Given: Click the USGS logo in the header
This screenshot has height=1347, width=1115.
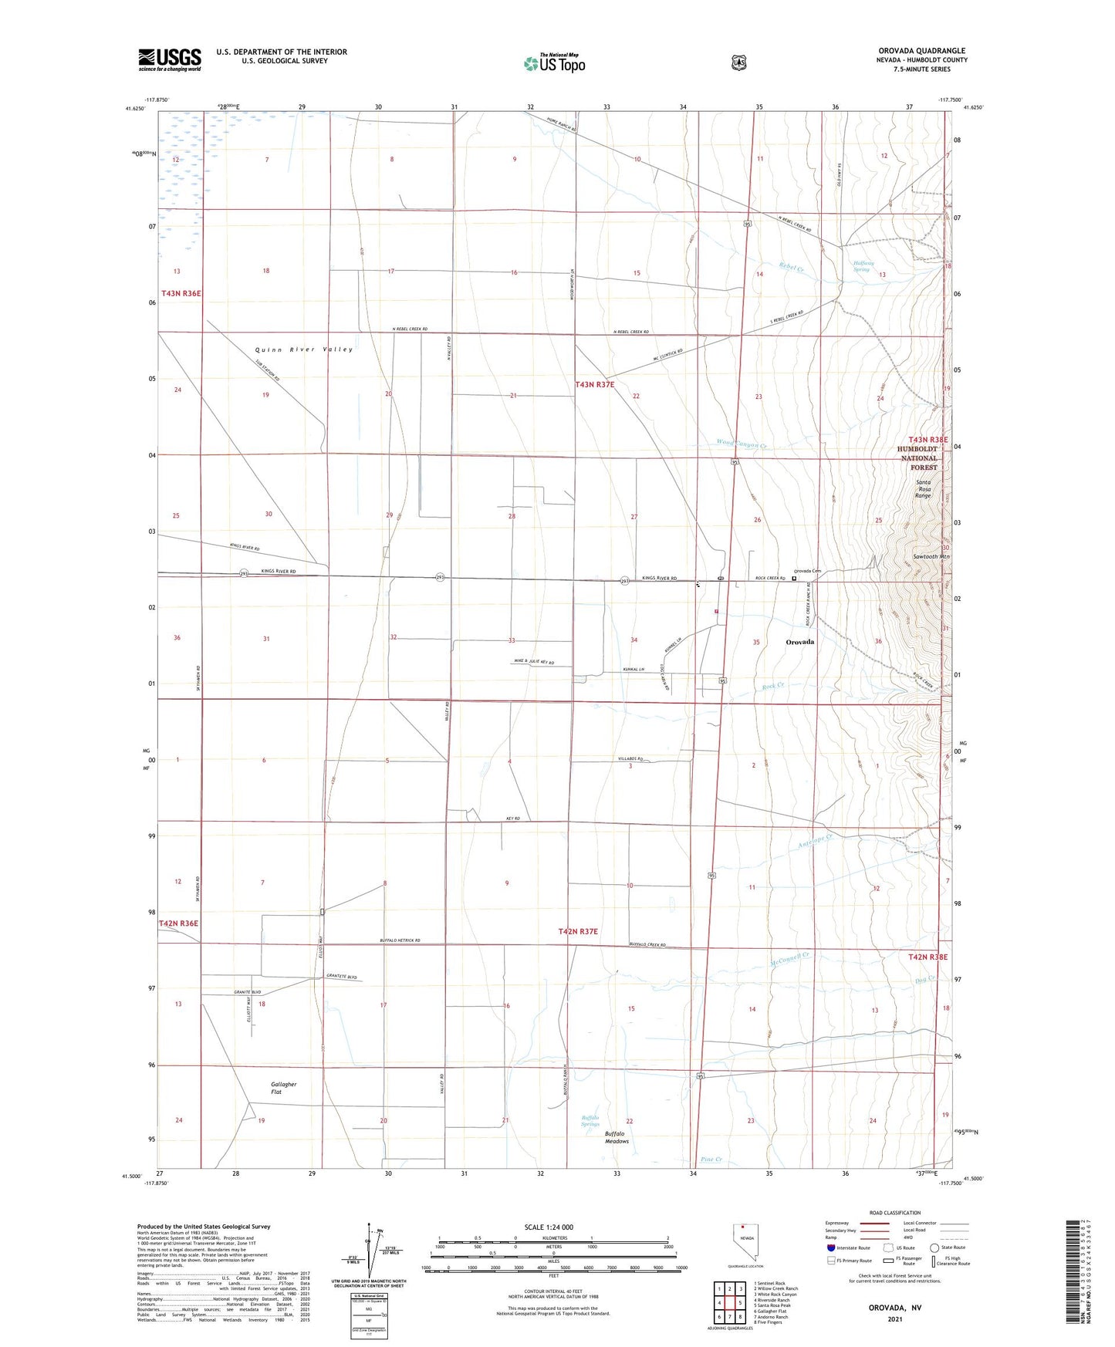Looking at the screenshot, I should (170, 59).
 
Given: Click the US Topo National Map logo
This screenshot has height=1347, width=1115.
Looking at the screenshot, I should (553, 62).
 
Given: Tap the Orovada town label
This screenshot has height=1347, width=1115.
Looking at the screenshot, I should (799, 642).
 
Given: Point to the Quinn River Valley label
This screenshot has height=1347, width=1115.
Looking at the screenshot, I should (304, 349).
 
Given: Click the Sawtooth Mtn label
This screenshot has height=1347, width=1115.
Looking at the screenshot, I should (931, 556).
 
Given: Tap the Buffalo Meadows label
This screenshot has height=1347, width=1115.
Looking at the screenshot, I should (617, 1137).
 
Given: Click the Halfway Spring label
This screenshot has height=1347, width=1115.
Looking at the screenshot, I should (862, 266).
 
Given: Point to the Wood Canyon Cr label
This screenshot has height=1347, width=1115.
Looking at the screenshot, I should (741, 444).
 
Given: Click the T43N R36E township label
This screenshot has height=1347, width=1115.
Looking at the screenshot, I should (181, 293).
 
